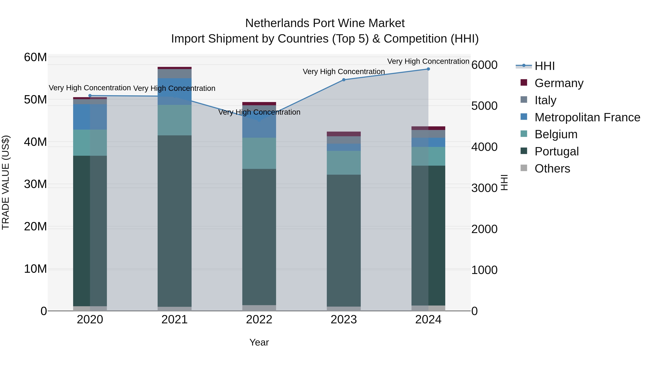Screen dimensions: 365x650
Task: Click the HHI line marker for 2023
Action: pos(344,80)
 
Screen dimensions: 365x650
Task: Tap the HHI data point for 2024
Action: pos(428,69)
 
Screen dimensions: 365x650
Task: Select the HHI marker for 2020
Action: pos(90,96)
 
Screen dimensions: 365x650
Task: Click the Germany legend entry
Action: pos(559,83)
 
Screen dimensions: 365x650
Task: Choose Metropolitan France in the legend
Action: pos(587,117)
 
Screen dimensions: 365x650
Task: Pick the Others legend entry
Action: pos(552,169)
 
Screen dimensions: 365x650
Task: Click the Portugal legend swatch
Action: pos(524,151)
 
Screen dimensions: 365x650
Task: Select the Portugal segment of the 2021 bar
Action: pos(174,221)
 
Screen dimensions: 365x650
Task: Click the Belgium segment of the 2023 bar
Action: pos(344,163)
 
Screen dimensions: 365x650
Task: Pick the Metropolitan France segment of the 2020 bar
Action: pos(90,117)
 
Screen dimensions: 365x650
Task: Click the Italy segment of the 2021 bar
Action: pos(174,74)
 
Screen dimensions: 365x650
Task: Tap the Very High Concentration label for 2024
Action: pos(428,61)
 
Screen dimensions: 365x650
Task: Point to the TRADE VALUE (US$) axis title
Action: pos(6,182)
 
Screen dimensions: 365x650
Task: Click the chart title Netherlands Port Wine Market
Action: pos(325,23)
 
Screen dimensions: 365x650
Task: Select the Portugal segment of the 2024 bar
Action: pos(428,236)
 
